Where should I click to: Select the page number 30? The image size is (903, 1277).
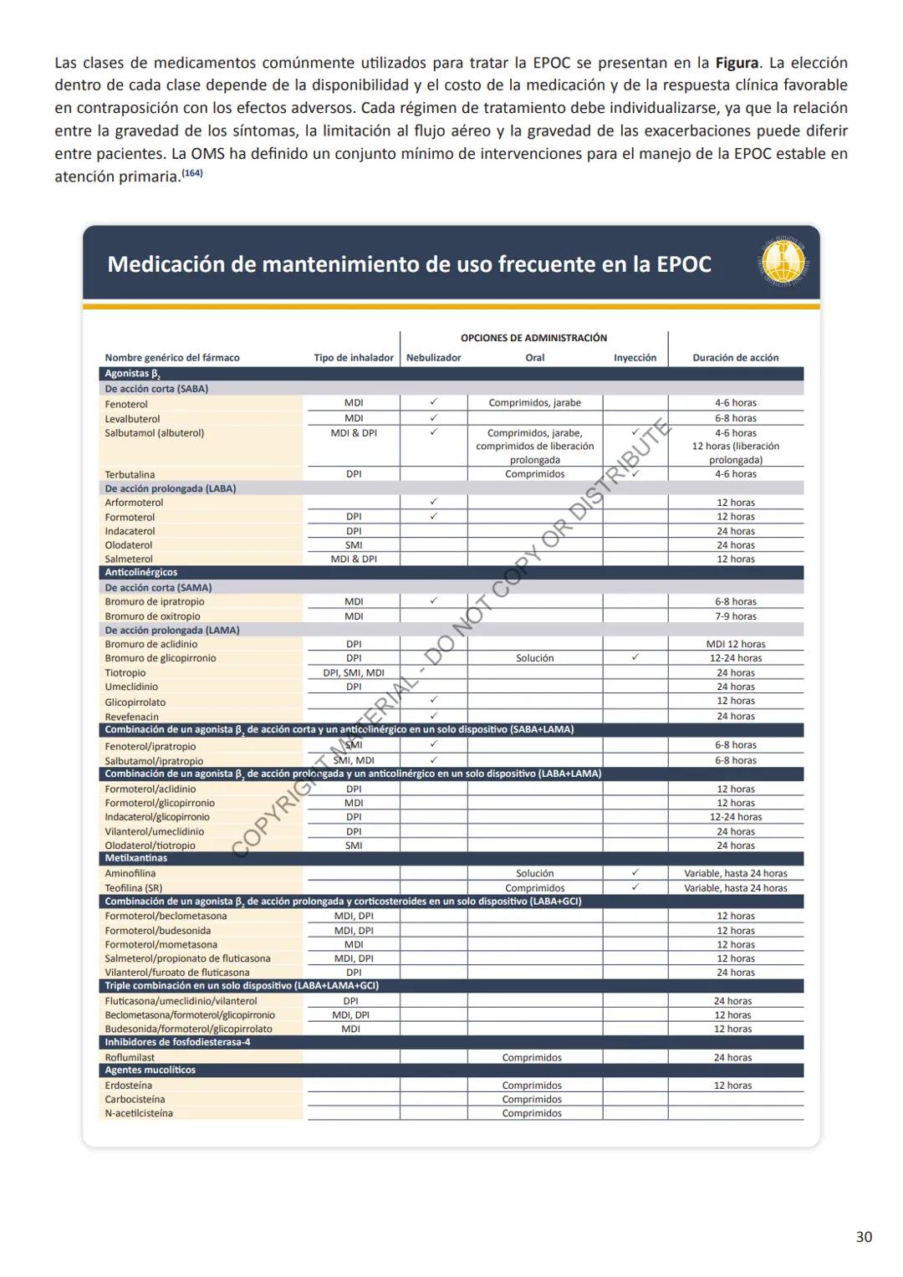864,1237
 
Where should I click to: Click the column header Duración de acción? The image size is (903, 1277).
735,358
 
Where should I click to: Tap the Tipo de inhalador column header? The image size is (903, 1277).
354,358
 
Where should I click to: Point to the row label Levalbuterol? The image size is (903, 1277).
132,419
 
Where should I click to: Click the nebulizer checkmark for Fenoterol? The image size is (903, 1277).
433,402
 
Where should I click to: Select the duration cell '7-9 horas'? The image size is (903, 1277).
735,616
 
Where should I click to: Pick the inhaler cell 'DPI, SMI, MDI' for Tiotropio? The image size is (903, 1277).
354,673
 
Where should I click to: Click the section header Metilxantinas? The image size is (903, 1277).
135,859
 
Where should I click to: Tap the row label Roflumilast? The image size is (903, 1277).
130,1058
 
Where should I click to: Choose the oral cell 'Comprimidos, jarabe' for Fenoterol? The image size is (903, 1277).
534,403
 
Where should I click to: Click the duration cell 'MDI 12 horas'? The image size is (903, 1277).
735,645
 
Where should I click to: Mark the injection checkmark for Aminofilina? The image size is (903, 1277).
635,872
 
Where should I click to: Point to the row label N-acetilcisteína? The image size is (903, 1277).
139,1114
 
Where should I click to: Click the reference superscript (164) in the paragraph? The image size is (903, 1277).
191,174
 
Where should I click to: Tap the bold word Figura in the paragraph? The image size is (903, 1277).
736,63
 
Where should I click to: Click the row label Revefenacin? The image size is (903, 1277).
131,718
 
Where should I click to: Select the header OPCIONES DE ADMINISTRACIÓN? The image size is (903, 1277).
533,338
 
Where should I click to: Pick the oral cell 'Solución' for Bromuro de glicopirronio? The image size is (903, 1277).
534,659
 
